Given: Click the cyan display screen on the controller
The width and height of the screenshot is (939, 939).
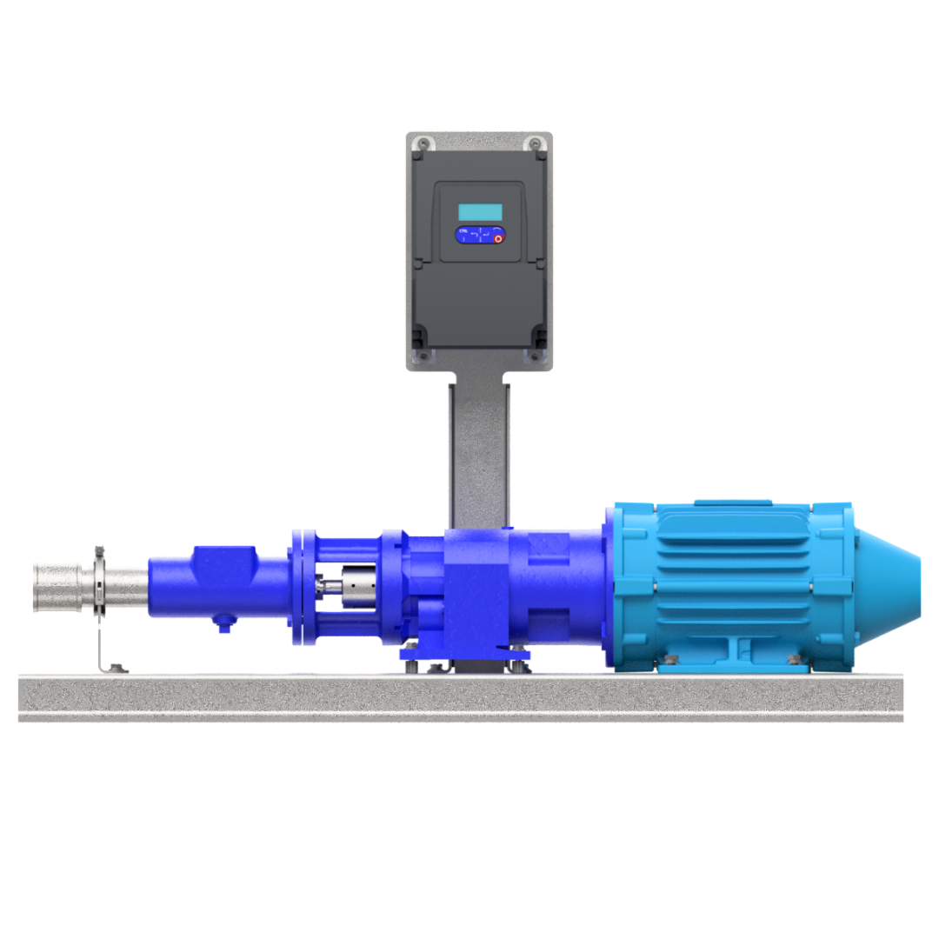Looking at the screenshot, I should (480, 212).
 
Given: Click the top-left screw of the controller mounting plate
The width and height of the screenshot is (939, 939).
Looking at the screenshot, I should (423, 143).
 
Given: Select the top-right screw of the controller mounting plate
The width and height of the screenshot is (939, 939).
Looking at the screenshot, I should (535, 143).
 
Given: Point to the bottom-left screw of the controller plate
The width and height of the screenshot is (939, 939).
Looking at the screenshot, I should (423, 356).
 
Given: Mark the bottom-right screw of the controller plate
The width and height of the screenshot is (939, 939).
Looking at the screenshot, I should (535, 356).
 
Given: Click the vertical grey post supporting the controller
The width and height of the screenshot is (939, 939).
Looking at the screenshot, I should (479, 452).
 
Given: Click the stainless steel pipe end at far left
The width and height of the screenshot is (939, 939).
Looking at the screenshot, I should (57, 587).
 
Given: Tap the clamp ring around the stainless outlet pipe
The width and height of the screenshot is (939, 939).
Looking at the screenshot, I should (99, 583).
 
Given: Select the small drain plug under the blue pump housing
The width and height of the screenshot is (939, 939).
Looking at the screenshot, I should (224, 624).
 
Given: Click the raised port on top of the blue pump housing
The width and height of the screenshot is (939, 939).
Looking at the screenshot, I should (224, 557).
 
